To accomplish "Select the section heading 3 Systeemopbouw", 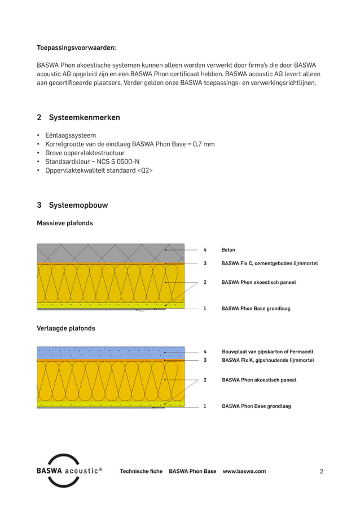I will (x=72, y=205).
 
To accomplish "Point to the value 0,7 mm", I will (x=203, y=144).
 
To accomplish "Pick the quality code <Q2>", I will (x=145, y=169).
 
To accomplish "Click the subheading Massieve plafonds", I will (x=64, y=223).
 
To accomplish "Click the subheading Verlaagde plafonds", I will (x=65, y=328).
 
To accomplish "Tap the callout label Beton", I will (x=228, y=249).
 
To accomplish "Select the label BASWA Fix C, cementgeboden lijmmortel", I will (x=269, y=264).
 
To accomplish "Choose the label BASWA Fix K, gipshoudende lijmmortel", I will (x=268, y=360).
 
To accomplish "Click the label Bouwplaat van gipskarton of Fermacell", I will (x=267, y=352).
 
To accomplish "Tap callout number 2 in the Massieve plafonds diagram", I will (x=205, y=282).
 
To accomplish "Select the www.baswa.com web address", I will (x=244, y=471).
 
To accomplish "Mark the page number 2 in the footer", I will (x=321, y=471).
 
